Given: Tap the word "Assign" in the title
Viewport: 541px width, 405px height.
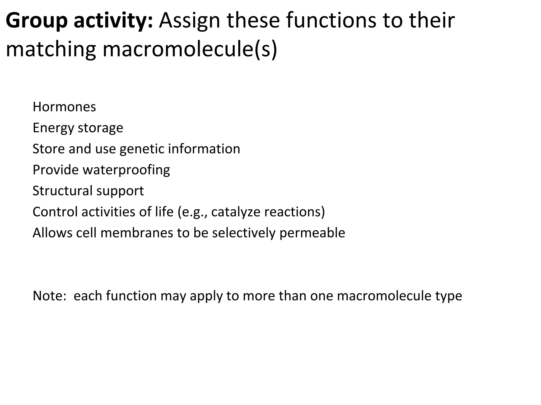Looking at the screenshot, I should [189, 21].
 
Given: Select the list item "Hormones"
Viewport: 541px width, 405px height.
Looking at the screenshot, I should [64, 107].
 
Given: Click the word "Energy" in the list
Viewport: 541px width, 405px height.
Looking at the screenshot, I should [53, 128].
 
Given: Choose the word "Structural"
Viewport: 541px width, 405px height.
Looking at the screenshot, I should [62, 191].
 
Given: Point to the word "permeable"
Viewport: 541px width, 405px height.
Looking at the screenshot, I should [312, 233].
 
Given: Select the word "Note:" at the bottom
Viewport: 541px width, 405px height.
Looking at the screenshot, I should [49, 296].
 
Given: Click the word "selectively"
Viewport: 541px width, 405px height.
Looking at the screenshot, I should [244, 233].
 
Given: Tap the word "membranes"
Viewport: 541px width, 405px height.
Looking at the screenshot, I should [137, 233].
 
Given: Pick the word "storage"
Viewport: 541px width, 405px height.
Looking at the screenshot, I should [100, 128].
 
